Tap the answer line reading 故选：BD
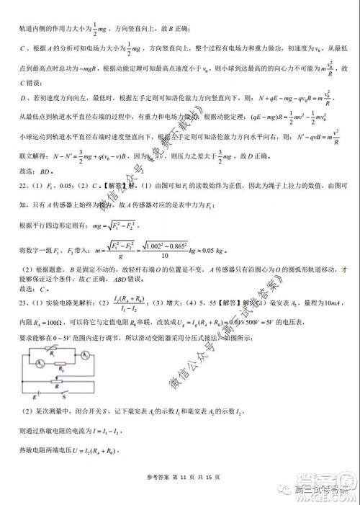click(32, 174)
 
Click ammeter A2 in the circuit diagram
click(85, 355)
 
